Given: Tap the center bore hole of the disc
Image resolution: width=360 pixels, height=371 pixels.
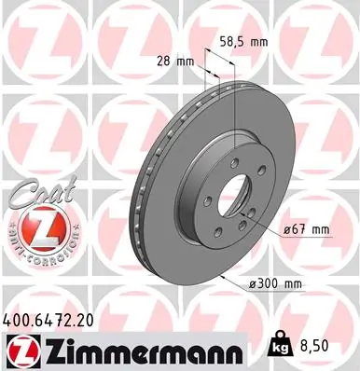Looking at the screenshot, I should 236,192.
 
